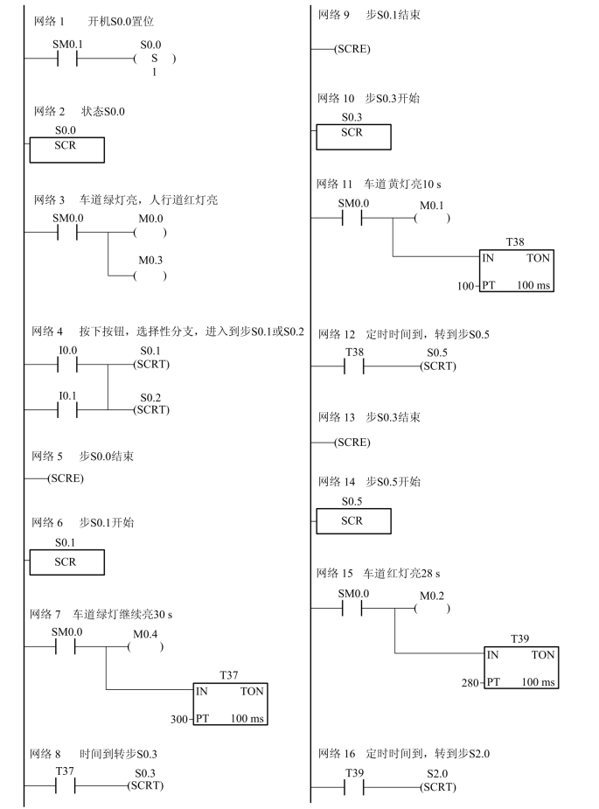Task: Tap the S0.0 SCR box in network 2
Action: click(66, 150)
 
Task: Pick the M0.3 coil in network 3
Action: click(150, 275)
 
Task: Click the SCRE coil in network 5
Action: click(66, 479)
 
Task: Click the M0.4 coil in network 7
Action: click(145, 648)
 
